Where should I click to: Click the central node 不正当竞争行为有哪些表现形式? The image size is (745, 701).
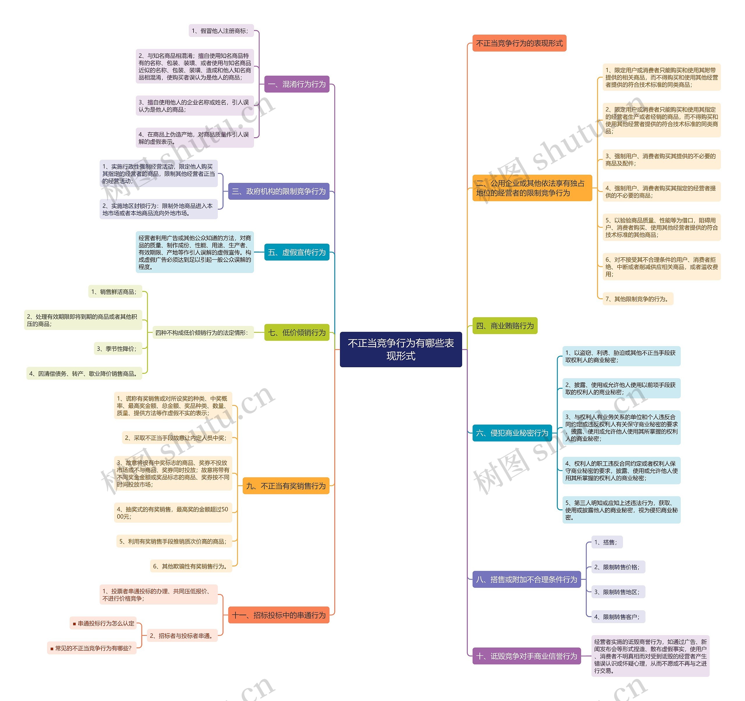[x=401, y=349]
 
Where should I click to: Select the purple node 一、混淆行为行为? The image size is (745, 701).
[x=297, y=84]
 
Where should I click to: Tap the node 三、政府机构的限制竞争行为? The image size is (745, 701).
[x=279, y=191]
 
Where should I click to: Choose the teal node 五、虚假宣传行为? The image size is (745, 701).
[x=297, y=252]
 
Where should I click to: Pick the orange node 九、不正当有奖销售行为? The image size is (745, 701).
[x=286, y=486]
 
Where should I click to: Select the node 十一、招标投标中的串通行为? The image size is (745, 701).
[x=279, y=615]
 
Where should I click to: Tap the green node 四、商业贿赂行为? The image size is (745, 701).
[x=505, y=325]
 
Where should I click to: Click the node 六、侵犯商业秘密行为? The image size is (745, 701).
[x=512, y=433]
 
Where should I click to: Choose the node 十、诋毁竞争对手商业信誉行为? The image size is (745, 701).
[x=526, y=656]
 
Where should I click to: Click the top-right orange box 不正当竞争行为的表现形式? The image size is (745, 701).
[x=519, y=43]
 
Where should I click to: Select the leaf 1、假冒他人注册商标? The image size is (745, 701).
[x=221, y=31]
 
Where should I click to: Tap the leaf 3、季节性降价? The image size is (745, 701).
[x=118, y=349]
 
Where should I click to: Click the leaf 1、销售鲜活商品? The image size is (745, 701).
[x=115, y=292]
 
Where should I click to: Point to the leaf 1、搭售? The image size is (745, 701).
[x=607, y=542]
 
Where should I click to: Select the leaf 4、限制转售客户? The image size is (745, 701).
[x=618, y=617]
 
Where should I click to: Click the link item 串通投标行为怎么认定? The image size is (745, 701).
[x=103, y=623]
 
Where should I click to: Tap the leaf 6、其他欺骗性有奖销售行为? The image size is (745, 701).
[x=191, y=566]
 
